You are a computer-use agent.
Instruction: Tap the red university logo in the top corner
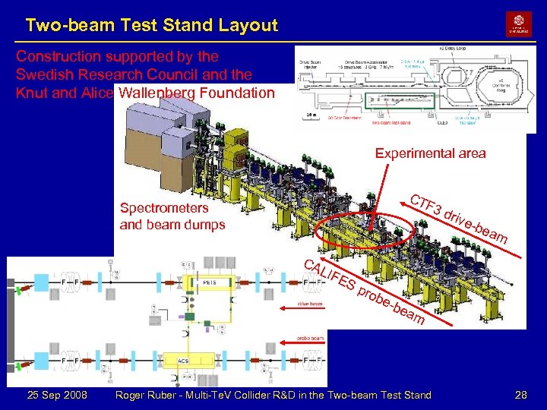point(519,24)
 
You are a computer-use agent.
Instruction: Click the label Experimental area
point(430,153)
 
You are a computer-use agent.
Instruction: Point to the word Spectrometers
point(163,208)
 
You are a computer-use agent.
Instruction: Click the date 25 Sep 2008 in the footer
point(56,395)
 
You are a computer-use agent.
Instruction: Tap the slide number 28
point(520,395)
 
